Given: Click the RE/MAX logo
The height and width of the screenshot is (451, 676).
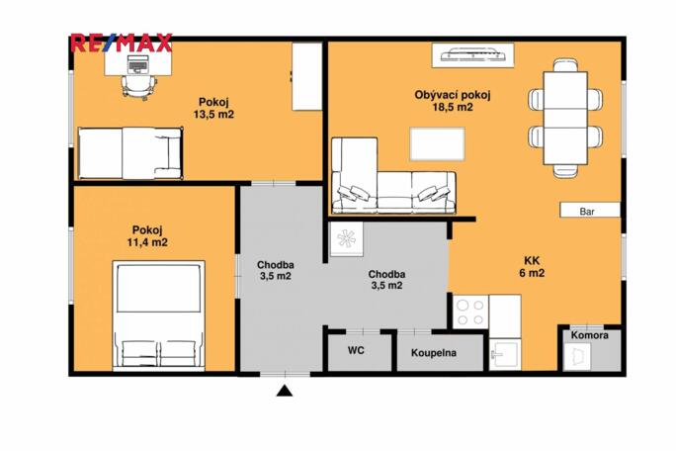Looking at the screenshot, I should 121,43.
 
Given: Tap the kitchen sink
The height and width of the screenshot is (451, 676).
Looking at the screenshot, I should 503,353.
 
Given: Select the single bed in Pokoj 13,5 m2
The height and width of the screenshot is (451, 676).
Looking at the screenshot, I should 130,152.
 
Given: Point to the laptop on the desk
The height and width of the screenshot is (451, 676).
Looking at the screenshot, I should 135,64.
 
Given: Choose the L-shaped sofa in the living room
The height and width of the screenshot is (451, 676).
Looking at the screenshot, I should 391,178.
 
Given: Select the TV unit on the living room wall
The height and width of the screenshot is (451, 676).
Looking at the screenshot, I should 470,53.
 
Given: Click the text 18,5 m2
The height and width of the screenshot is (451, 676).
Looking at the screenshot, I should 453,108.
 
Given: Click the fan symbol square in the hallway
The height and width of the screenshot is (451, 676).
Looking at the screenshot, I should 348,240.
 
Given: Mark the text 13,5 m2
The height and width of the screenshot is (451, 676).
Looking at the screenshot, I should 213,115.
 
